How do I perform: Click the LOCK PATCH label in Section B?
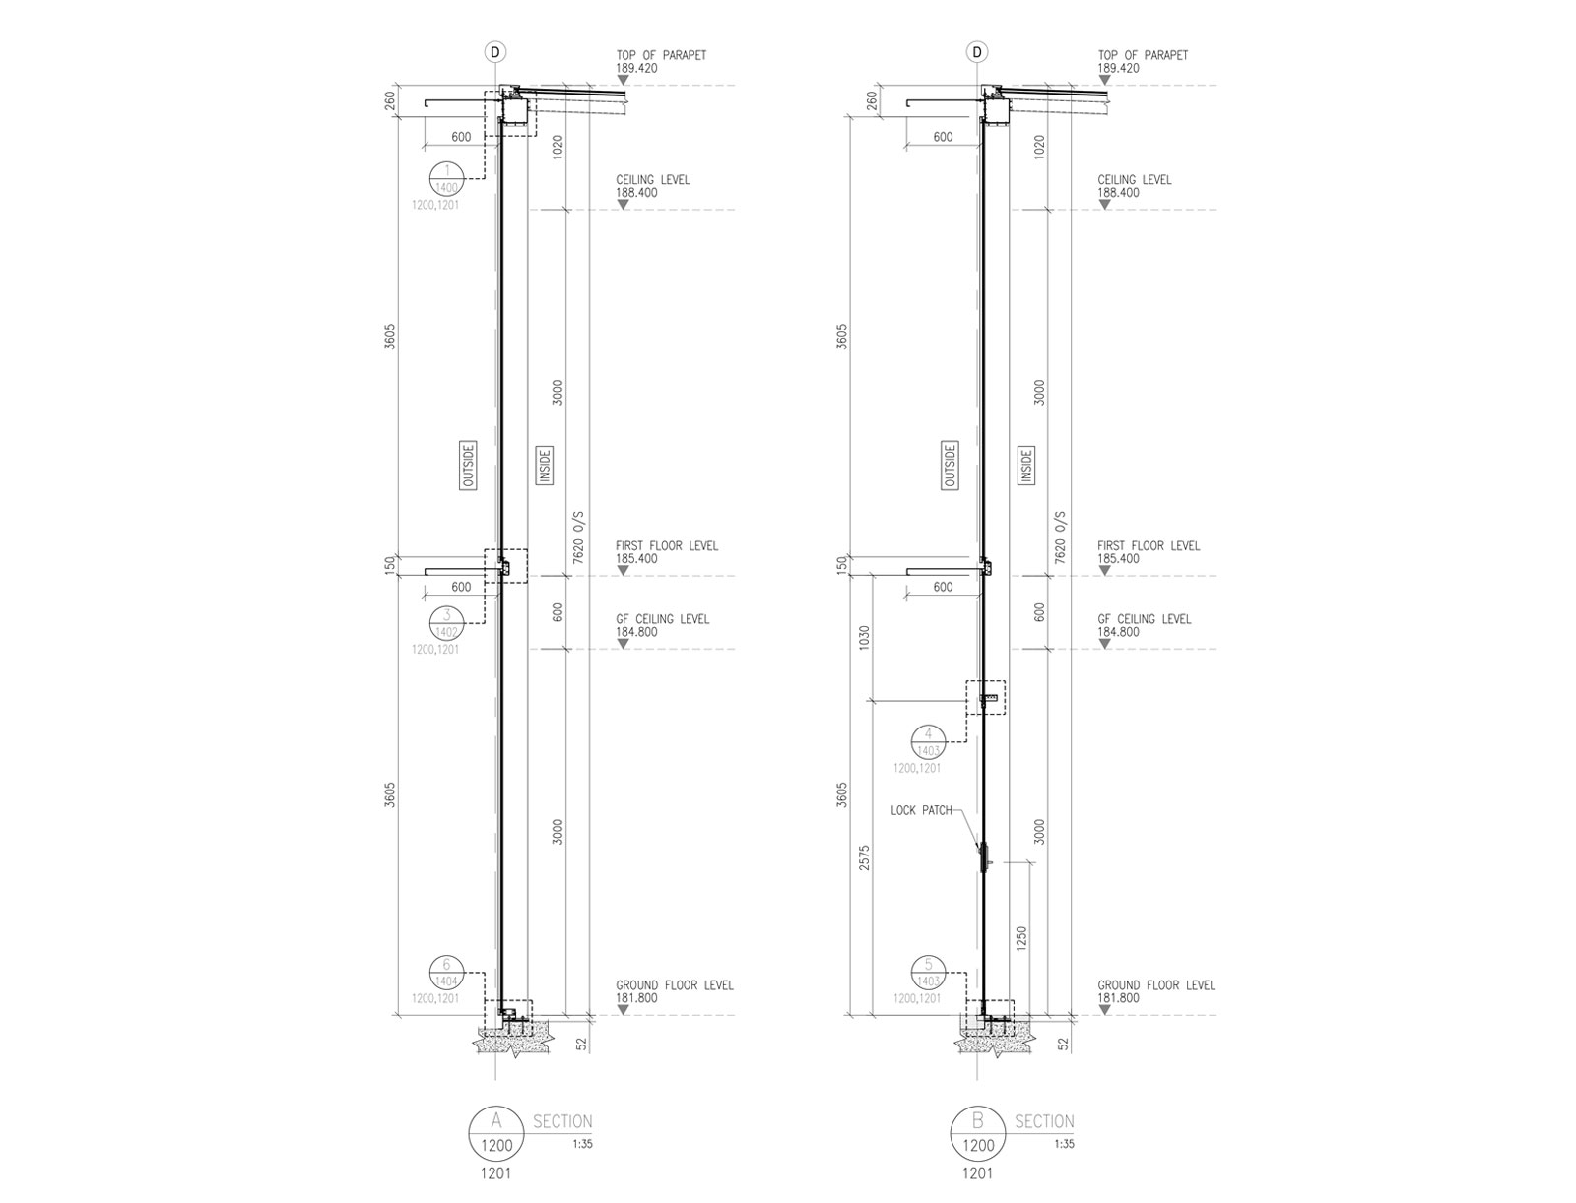pyautogui.click(x=920, y=810)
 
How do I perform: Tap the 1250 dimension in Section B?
pyautogui.click(x=1021, y=938)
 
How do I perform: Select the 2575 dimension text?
pyautogui.click(x=864, y=857)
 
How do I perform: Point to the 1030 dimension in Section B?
pyautogui.click(x=864, y=638)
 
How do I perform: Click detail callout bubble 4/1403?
pyautogui.click(x=928, y=741)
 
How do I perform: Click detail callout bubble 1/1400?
pyautogui.click(x=446, y=178)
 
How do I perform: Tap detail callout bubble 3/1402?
pyautogui.click(x=446, y=622)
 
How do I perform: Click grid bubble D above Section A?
pyautogui.click(x=494, y=51)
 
